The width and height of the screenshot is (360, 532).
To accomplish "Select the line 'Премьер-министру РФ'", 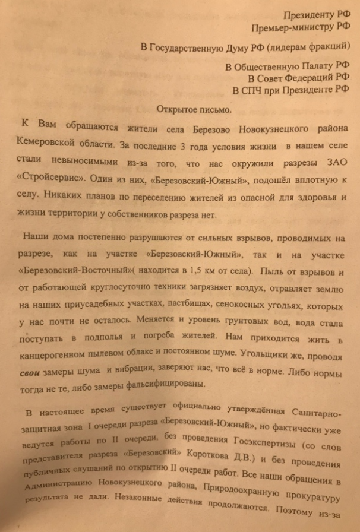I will pyautogui.click(x=300, y=27).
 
